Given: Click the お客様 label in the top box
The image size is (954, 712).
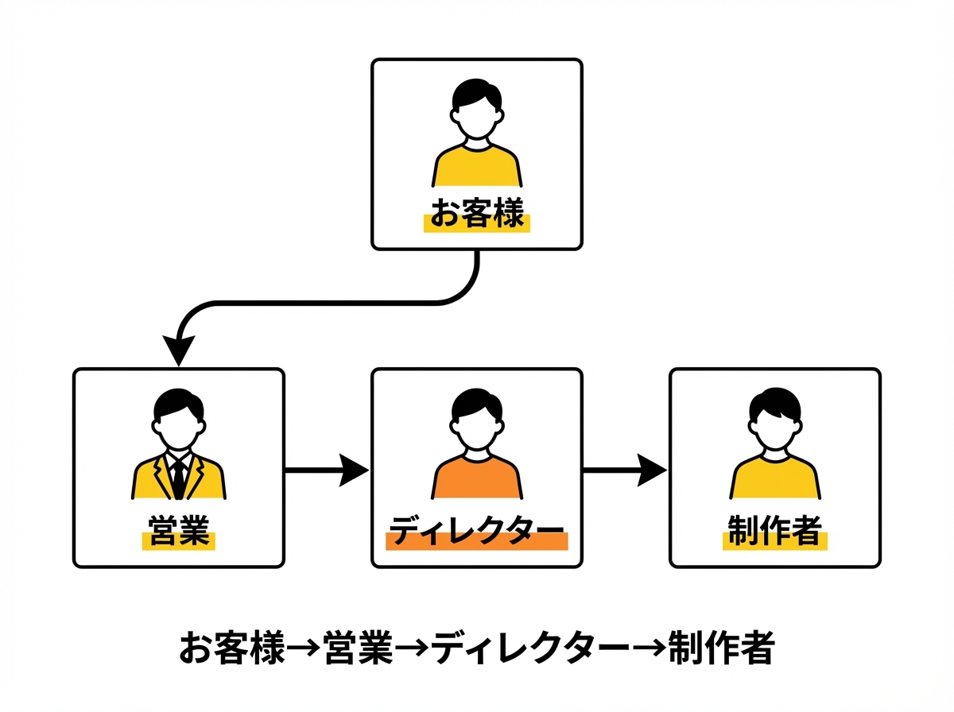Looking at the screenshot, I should click(477, 214).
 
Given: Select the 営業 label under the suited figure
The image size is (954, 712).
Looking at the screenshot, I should click(179, 532).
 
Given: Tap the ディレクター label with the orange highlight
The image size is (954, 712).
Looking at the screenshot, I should click(477, 532).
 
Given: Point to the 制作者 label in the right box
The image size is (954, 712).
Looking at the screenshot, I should click(774, 532).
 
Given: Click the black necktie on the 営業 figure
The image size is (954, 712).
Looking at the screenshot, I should click(179, 477).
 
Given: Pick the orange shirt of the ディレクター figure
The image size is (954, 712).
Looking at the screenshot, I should click(477, 478).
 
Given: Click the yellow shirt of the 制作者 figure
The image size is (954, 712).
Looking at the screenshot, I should click(774, 478).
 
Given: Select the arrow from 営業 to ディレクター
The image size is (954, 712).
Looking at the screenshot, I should click(327, 470).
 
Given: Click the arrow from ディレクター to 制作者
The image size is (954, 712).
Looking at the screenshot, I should click(625, 470).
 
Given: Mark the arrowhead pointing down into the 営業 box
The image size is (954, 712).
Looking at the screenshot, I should click(179, 350).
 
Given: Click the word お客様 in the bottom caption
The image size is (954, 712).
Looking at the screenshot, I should click(231, 648).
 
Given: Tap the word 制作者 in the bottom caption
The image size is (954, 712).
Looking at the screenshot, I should click(721, 648).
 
